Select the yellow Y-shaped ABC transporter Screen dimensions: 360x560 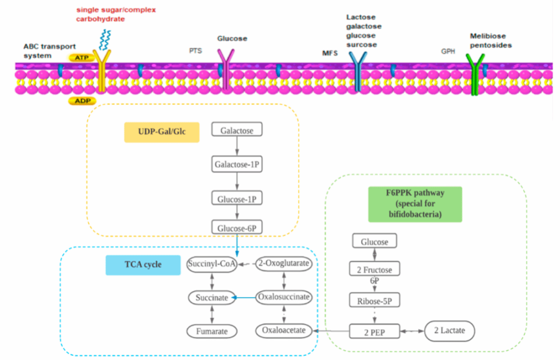(101, 71)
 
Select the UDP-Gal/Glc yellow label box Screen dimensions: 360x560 (162, 132)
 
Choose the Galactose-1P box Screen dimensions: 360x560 (237, 165)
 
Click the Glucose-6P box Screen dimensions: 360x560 (237, 228)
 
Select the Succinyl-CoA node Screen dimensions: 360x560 (212, 264)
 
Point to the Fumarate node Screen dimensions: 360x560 (212, 330)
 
